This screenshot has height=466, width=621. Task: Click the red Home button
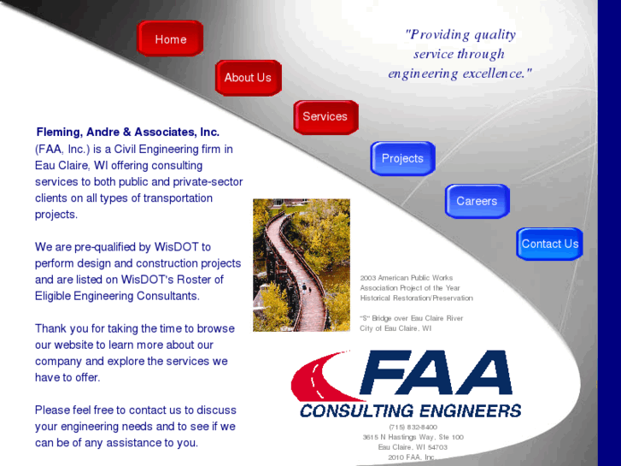(x=170, y=39)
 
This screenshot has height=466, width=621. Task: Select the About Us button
(x=248, y=78)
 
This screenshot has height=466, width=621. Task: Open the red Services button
(x=325, y=117)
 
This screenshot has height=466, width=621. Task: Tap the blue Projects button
(x=402, y=158)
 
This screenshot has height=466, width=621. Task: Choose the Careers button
(x=477, y=201)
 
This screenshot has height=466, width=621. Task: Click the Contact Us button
(x=549, y=244)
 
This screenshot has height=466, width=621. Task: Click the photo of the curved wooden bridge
(x=302, y=265)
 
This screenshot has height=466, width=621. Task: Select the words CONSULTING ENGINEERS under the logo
(x=410, y=410)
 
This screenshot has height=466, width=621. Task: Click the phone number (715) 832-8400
(x=413, y=427)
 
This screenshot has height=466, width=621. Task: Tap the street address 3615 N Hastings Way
(x=413, y=437)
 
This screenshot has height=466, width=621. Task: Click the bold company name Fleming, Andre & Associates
(x=128, y=133)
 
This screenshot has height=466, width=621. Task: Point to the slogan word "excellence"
(x=496, y=74)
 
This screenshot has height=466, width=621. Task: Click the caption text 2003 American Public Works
(x=407, y=278)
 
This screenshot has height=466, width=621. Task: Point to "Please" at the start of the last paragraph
(x=52, y=410)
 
